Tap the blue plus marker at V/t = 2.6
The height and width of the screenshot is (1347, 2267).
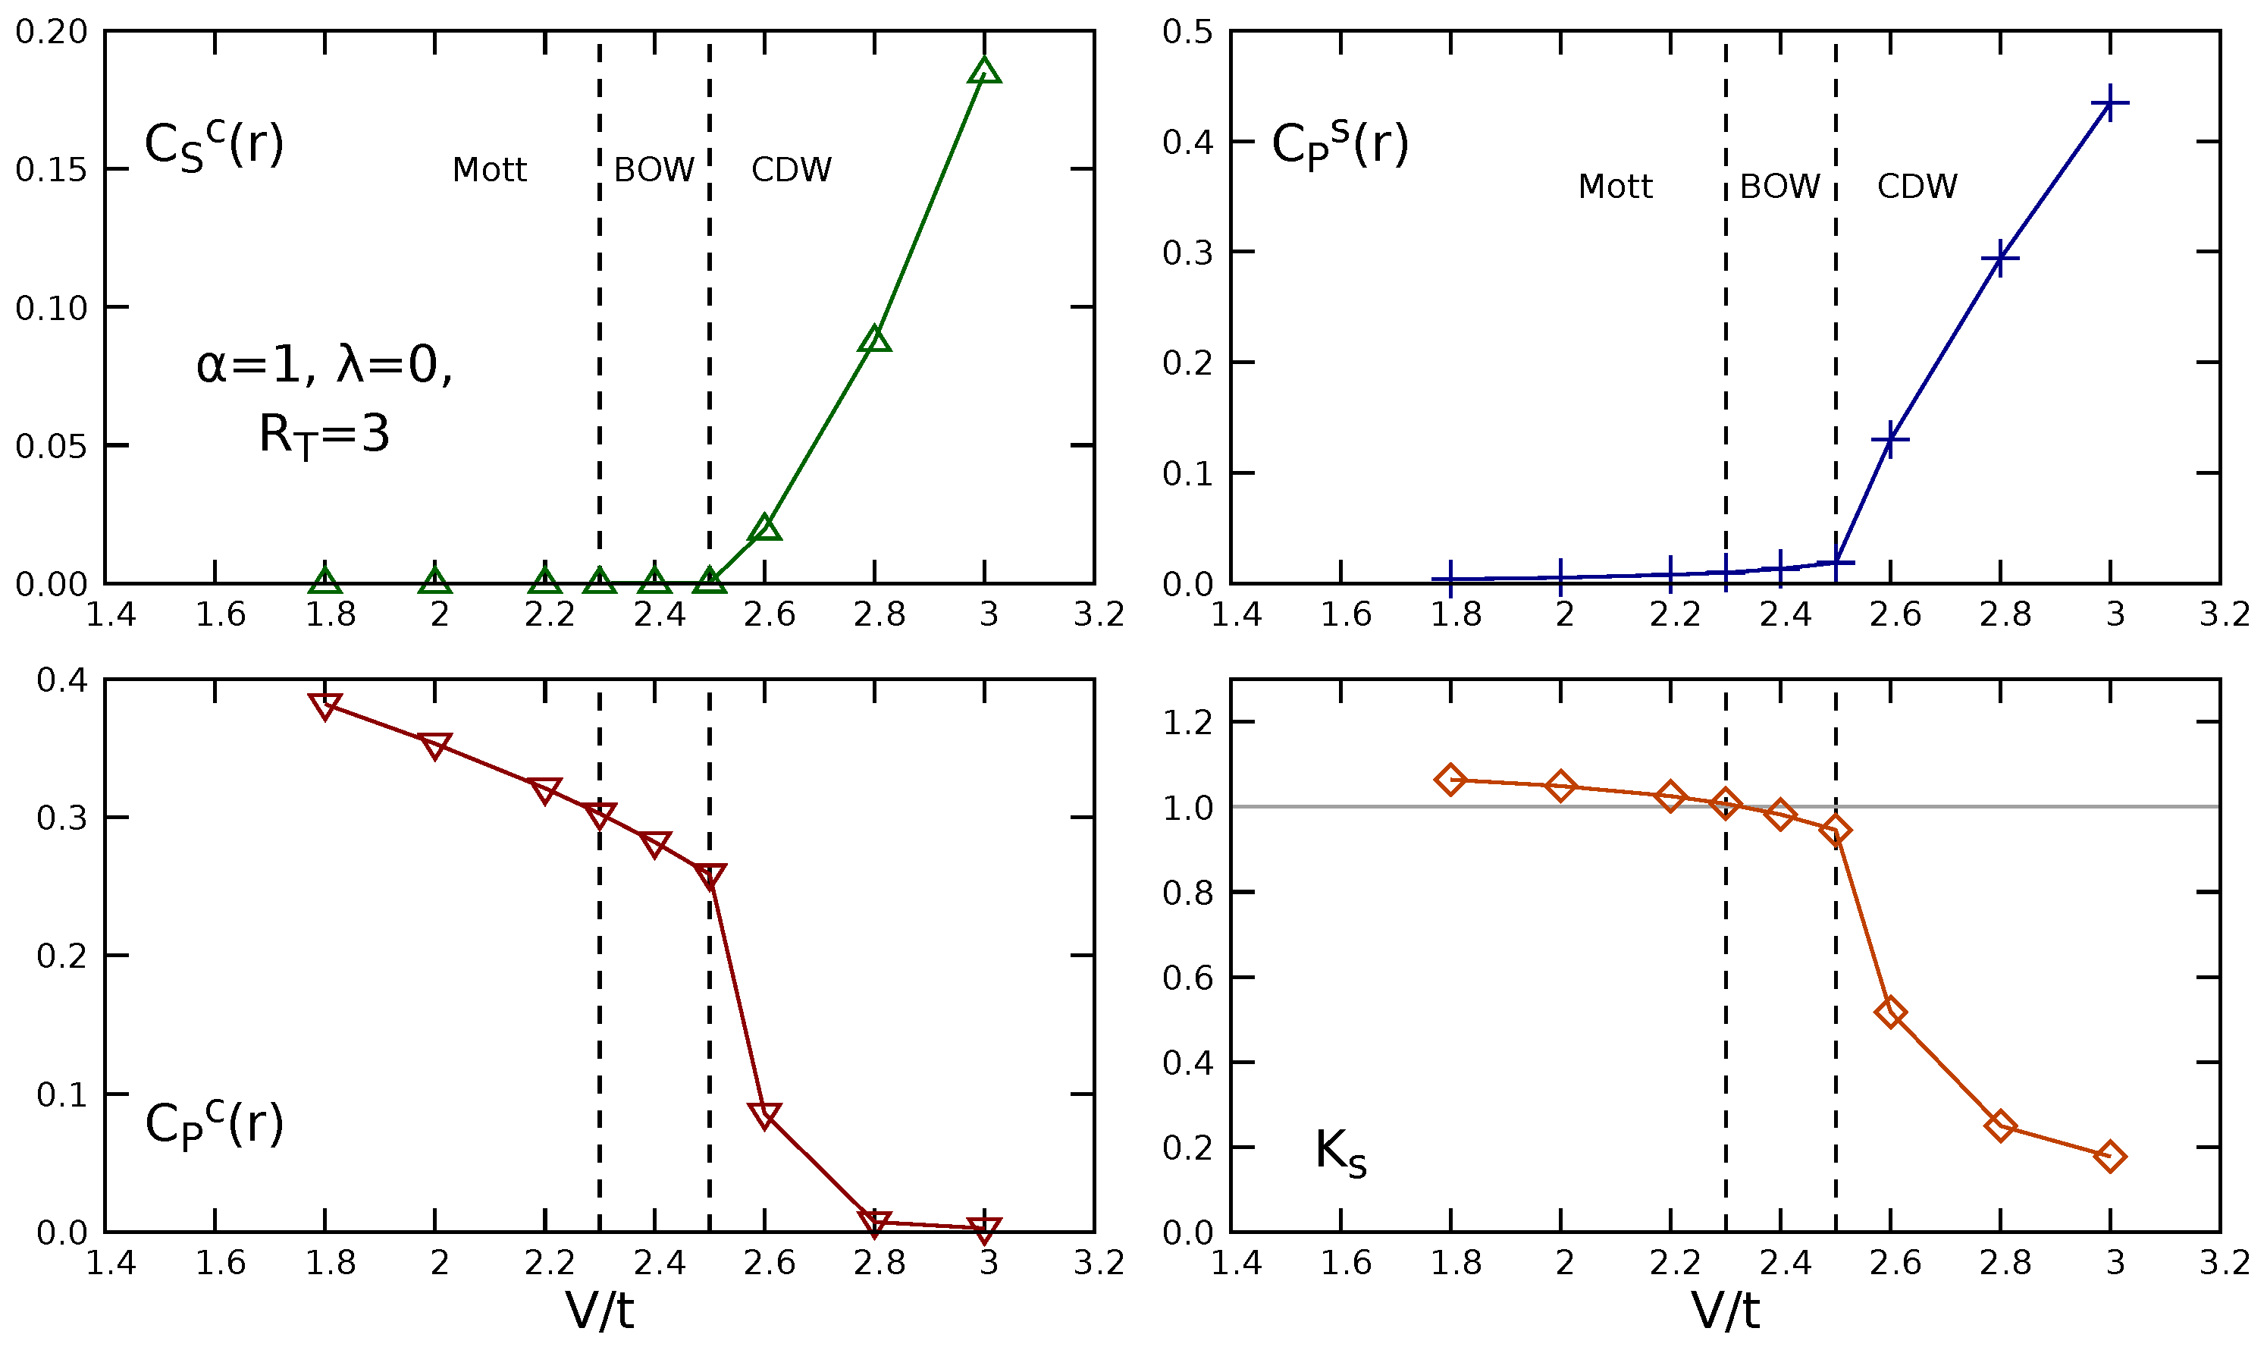pos(1889,439)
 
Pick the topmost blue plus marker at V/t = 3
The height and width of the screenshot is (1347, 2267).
pos(2110,102)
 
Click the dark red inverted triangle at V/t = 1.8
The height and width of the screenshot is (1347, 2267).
pos(325,705)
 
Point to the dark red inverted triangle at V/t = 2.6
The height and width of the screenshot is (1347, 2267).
pos(765,1115)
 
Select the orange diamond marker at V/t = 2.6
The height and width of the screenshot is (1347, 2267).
pos(1889,1012)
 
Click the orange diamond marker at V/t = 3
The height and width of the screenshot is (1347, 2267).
pos(2110,1157)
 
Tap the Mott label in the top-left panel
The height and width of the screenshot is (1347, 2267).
pos(489,170)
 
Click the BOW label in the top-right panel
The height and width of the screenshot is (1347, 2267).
pos(1779,186)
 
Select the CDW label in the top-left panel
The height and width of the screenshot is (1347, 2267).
pos(791,170)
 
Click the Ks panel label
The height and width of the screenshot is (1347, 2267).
pos(1340,1154)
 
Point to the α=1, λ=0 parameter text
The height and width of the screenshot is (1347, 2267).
pos(324,365)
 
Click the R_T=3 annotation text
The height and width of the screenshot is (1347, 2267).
pos(324,434)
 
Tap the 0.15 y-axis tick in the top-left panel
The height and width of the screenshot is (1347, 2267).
pos(51,169)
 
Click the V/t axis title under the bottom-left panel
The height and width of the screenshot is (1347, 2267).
pos(600,1311)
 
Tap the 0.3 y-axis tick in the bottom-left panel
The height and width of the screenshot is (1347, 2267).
pos(61,818)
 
